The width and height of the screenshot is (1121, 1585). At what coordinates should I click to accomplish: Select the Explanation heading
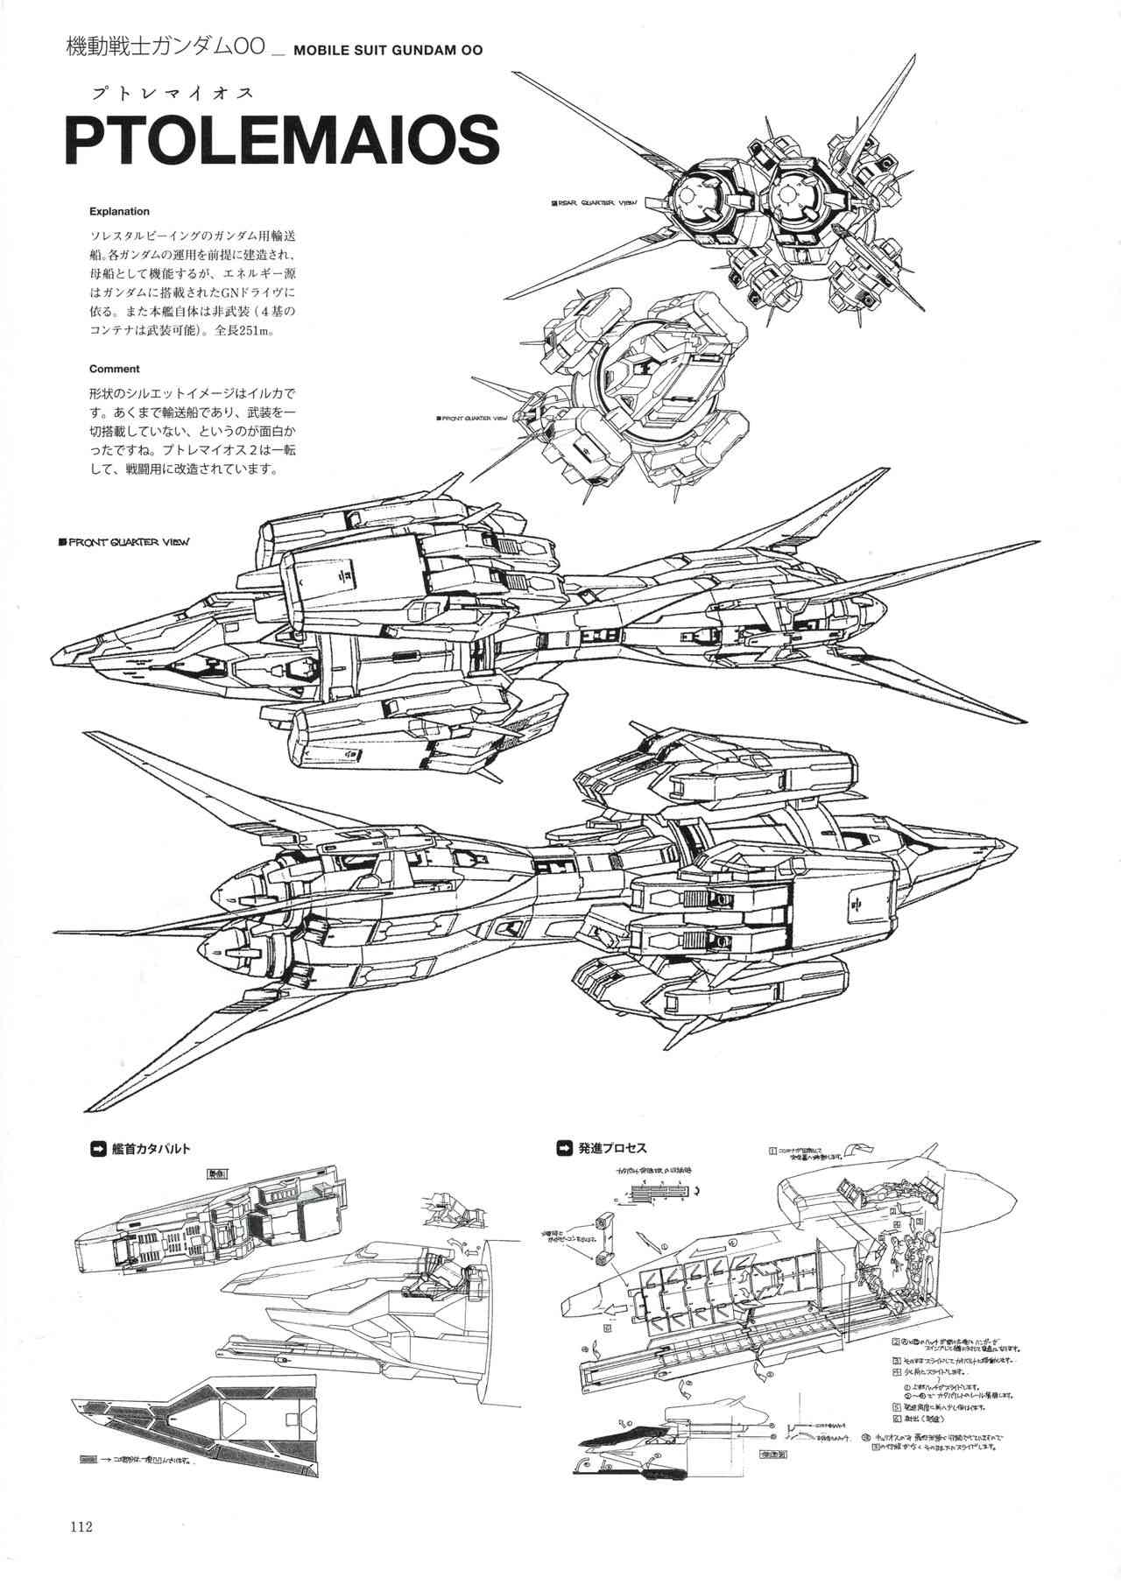119,211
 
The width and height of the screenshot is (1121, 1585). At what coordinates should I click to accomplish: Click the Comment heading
114,369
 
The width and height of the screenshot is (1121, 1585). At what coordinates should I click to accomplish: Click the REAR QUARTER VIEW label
593,202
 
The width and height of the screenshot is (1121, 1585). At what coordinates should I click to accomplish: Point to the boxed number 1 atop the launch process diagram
772,1150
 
